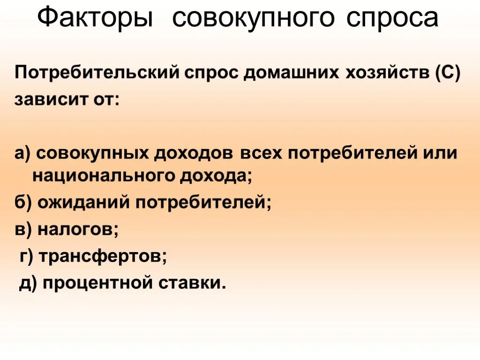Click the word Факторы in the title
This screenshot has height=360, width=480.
[95, 19]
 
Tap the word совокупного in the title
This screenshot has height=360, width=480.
[254, 19]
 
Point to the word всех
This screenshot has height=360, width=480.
[262, 153]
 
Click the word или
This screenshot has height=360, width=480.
[440, 153]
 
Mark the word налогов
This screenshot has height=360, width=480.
[77, 229]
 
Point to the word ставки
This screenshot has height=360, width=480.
[193, 283]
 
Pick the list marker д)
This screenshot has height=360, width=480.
[28, 283]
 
